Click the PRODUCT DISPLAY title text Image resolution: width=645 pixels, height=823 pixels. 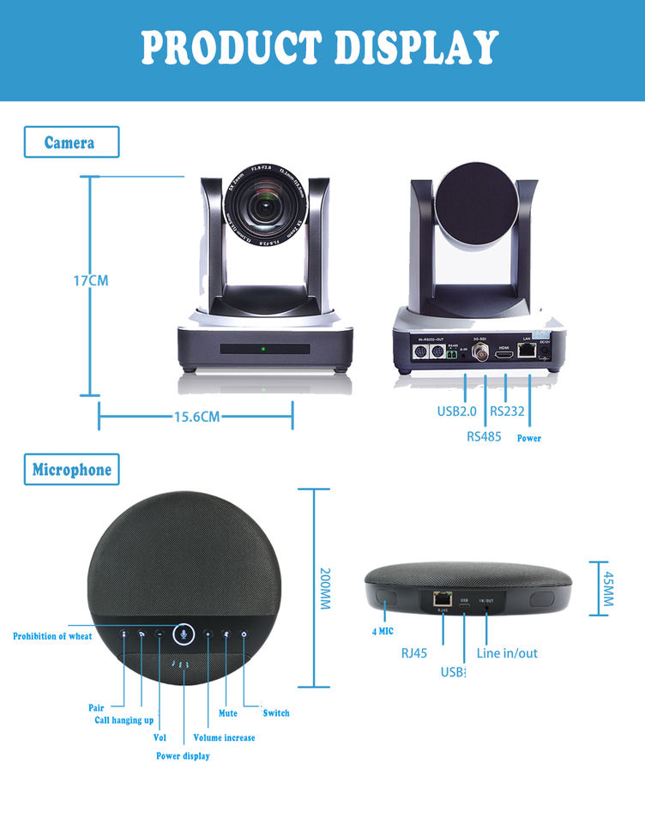pyautogui.click(x=321, y=46)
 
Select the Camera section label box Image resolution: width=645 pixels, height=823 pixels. pyautogui.click(x=70, y=142)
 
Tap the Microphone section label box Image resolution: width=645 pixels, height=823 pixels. pyautogui.click(x=72, y=470)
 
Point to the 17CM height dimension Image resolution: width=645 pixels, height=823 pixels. pyautogui.click(x=90, y=280)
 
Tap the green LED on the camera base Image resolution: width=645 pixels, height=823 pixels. pyautogui.click(x=264, y=350)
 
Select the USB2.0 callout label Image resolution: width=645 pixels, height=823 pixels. pyautogui.click(x=456, y=411)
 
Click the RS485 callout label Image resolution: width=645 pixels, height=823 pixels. pyautogui.click(x=485, y=436)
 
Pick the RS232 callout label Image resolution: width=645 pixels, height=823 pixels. pyautogui.click(x=508, y=411)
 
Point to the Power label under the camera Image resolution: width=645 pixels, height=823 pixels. pyautogui.click(x=528, y=438)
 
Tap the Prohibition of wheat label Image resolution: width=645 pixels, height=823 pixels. pyautogui.click(x=52, y=636)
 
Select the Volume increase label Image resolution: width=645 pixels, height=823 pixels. pyautogui.click(x=224, y=737)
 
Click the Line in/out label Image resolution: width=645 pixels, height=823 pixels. pyautogui.click(x=507, y=653)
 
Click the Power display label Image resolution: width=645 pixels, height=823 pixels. pyautogui.click(x=183, y=756)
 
